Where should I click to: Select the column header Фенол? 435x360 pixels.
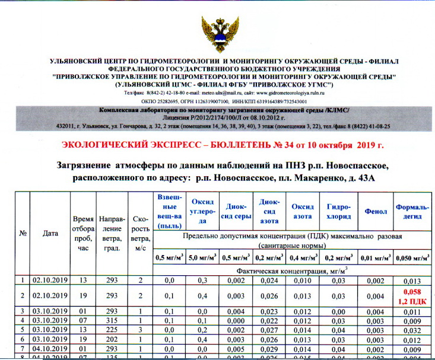(x=375, y=211)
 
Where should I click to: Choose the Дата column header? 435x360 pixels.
(x=50, y=233)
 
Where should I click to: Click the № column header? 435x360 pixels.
(x=23, y=233)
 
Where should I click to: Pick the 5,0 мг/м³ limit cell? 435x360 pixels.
(x=202, y=257)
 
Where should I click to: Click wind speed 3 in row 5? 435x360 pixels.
(x=141, y=330)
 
